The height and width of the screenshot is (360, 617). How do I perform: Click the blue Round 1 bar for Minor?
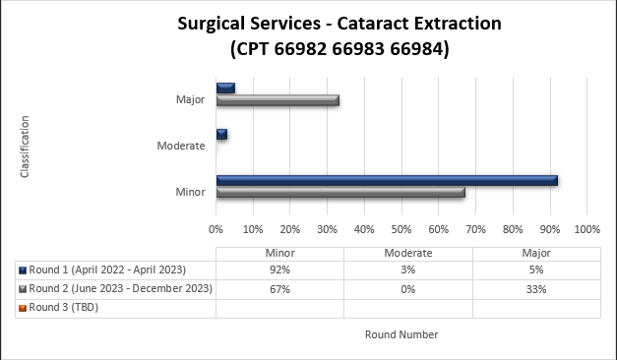(387, 180)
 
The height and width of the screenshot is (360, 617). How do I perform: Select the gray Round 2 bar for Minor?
(340, 192)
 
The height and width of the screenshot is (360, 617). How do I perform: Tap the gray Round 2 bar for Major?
(278, 99)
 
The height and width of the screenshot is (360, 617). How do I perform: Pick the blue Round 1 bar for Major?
(225, 88)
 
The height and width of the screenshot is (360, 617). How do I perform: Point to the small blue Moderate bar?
(221, 134)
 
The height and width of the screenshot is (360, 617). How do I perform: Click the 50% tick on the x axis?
(401, 228)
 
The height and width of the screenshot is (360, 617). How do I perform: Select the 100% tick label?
(586, 228)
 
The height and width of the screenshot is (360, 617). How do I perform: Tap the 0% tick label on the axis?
(216, 228)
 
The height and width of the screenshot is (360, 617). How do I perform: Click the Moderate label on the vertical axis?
(181, 146)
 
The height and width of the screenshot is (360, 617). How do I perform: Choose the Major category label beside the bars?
(190, 99)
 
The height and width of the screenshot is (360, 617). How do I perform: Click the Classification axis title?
(25, 147)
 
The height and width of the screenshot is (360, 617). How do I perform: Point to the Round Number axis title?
(401, 334)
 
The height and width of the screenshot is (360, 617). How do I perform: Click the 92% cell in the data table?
(279, 270)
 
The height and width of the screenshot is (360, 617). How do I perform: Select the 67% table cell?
(279, 289)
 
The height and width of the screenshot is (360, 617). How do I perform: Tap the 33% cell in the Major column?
(536, 289)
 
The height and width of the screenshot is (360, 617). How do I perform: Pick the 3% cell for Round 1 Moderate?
(408, 270)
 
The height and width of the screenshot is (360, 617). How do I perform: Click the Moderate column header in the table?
(408, 253)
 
